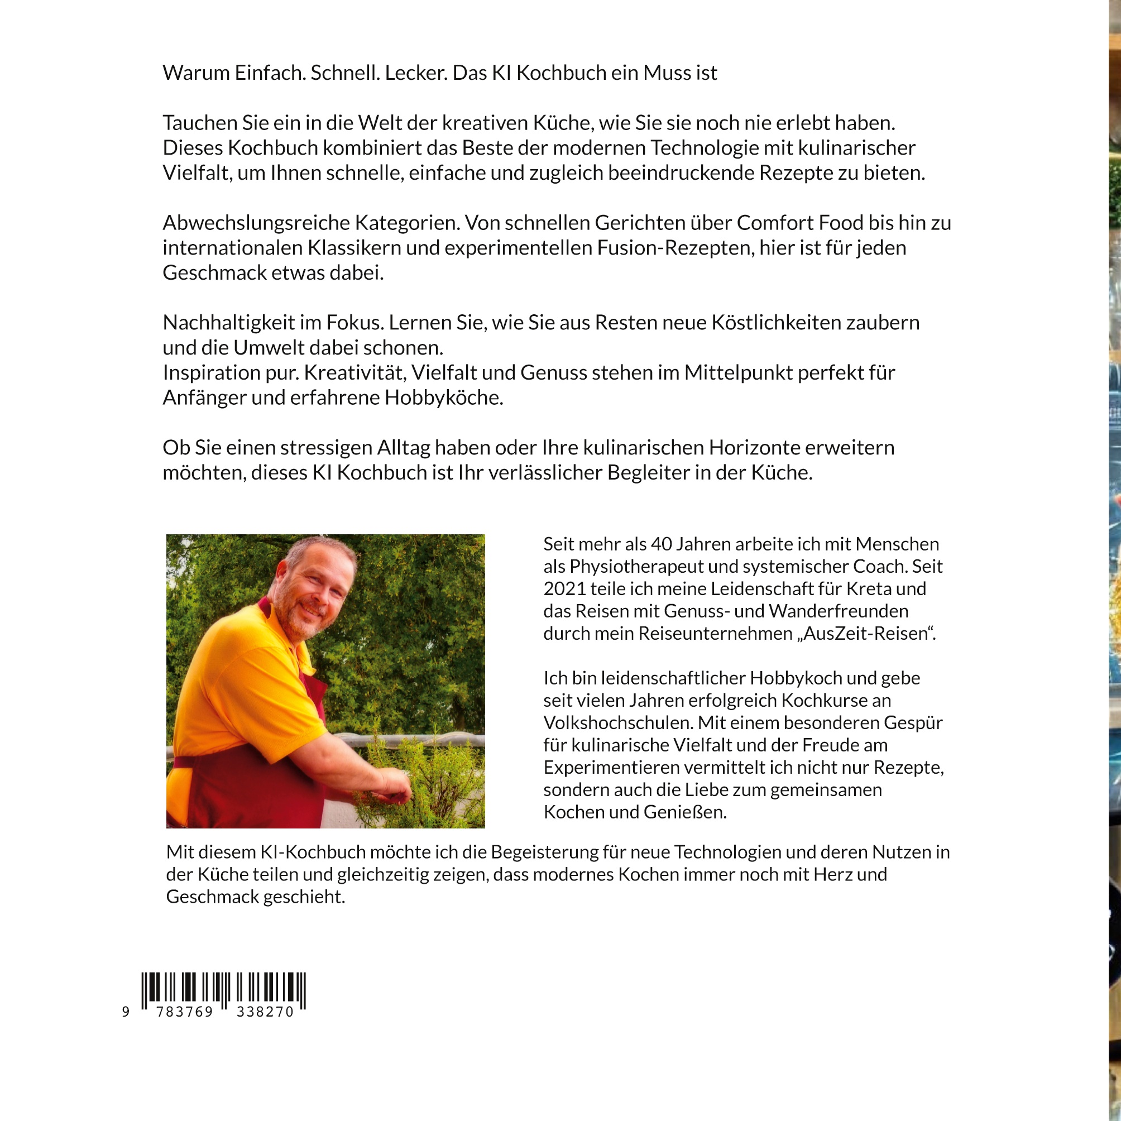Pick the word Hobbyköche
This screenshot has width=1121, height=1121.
(444, 397)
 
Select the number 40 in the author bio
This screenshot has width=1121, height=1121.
(662, 544)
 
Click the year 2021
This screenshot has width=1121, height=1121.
(564, 588)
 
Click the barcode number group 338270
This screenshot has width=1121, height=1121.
(265, 1012)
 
